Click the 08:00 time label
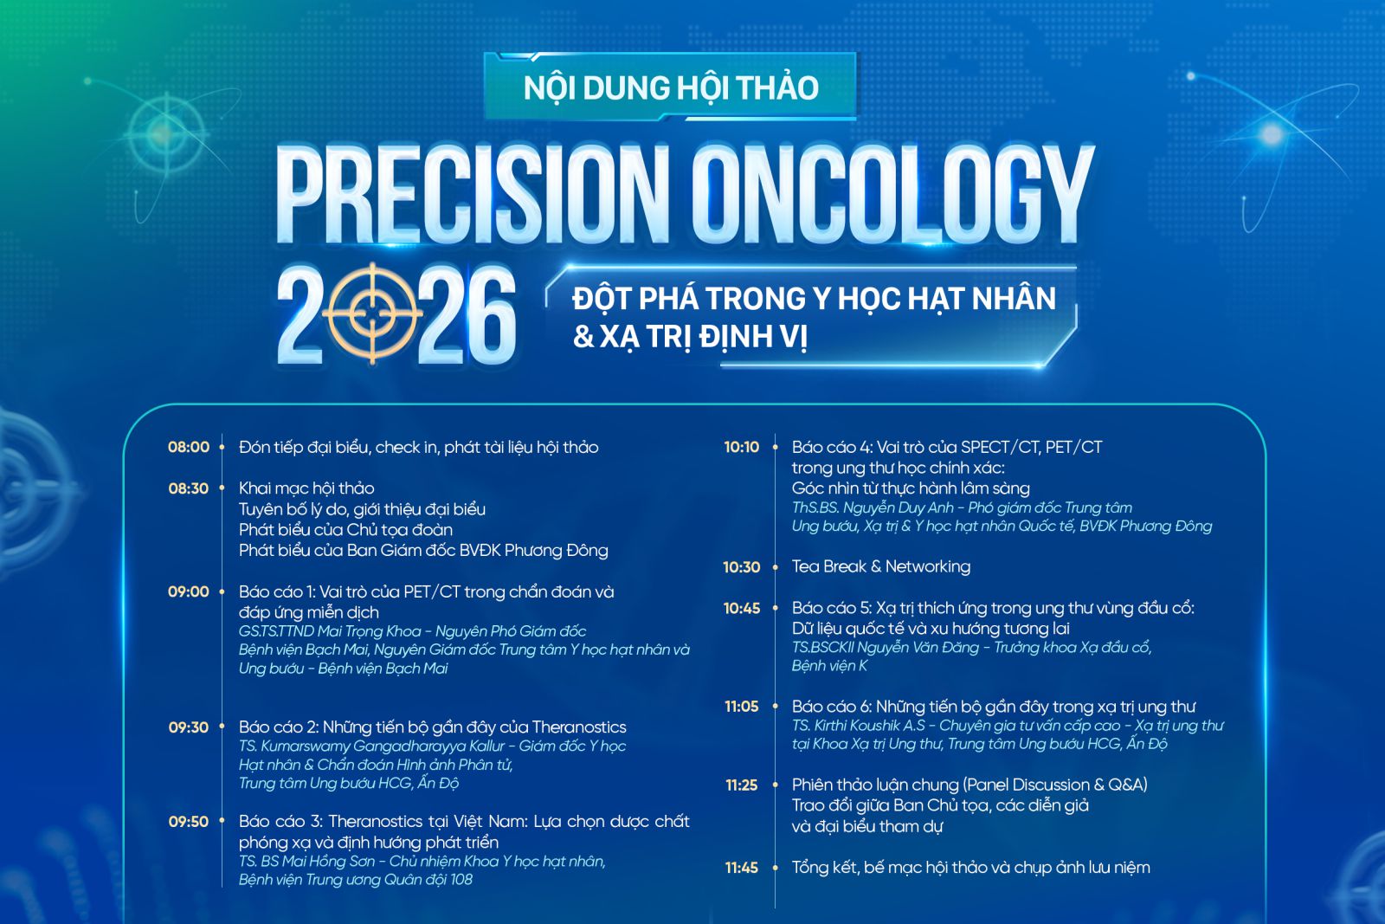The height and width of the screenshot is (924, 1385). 189,447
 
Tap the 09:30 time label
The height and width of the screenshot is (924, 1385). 189,727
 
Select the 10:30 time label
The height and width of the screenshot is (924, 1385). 742,567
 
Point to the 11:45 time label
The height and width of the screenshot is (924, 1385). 742,868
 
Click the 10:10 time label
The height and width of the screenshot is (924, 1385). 742,447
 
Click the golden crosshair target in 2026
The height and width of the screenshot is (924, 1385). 372,313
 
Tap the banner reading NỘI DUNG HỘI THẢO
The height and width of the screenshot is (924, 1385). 671,87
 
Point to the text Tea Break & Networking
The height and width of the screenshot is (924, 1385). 881,566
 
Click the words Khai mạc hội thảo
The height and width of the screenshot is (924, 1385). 306,488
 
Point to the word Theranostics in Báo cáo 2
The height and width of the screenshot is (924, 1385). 579,727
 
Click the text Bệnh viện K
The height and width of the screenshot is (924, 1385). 830,666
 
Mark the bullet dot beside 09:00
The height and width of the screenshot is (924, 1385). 222,591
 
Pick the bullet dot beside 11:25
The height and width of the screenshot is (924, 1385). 775,785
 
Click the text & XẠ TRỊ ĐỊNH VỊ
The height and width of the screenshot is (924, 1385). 690,338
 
